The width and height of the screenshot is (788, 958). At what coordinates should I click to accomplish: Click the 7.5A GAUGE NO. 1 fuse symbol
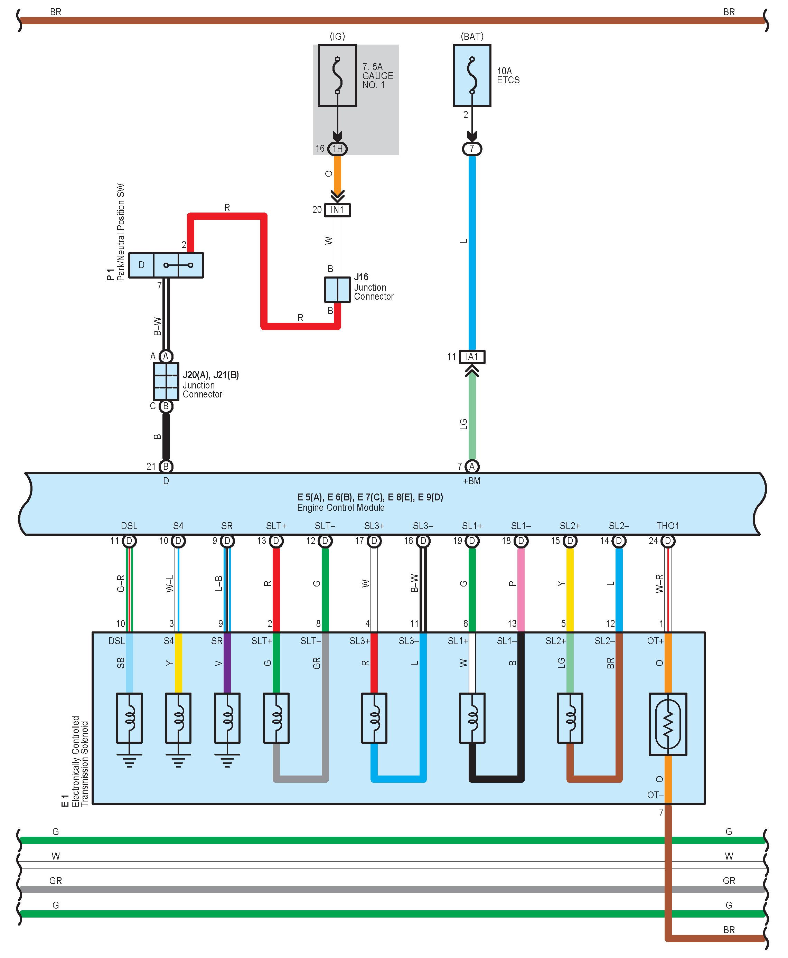[337, 75]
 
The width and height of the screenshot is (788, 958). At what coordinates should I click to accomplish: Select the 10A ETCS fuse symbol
[472, 75]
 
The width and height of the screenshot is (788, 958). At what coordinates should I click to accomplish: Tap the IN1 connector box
[337, 210]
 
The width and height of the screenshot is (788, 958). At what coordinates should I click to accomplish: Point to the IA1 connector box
[472, 357]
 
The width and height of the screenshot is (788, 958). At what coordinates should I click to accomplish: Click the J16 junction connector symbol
[337, 290]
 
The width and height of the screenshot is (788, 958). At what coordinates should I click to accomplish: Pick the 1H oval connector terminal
[337, 148]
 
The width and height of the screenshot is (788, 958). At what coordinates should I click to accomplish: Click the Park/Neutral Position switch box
[166, 265]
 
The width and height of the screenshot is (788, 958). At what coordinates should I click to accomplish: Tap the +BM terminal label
[472, 481]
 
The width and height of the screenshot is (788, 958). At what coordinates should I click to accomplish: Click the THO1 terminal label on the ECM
[668, 526]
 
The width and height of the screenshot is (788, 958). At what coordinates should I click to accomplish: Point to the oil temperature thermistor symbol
[668, 724]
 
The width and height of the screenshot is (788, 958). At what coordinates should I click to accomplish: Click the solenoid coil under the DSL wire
[129, 718]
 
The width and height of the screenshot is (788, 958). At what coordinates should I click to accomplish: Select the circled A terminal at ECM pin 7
[472, 466]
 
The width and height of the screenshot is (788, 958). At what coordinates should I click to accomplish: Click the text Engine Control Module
[341, 508]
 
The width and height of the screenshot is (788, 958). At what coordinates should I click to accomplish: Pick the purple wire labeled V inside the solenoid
[227, 663]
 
